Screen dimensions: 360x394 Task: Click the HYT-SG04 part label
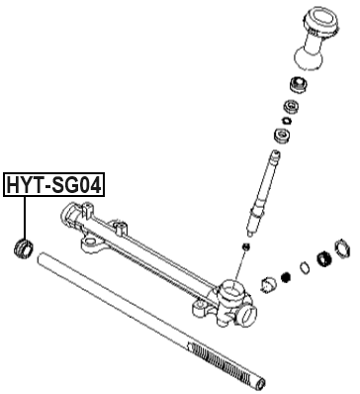pyautogui.click(x=55, y=184)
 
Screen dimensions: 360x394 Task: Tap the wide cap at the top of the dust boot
pyautogui.click(x=323, y=20)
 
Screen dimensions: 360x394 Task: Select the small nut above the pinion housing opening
pyautogui.click(x=243, y=244)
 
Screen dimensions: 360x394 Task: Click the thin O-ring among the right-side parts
pyautogui.click(x=303, y=267)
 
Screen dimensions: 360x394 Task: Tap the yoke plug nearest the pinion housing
pyautogui.click(x=267, y=287)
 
